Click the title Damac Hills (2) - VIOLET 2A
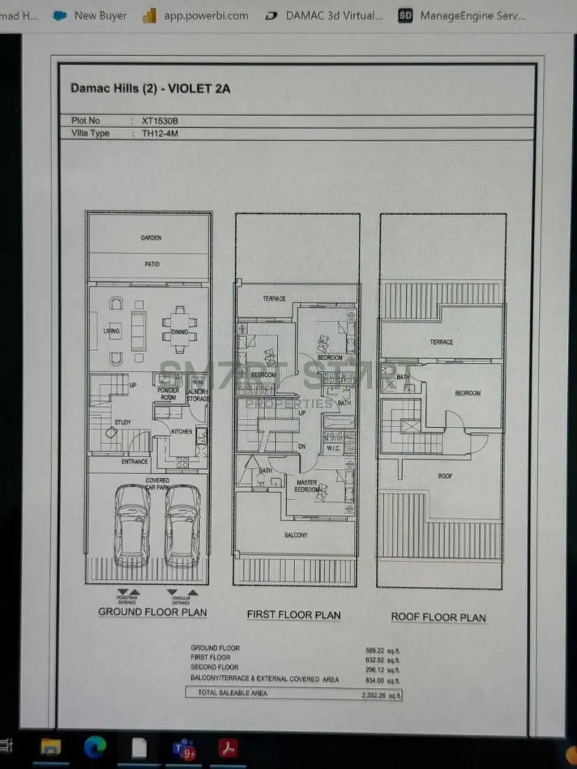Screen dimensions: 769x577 tap(150, 89)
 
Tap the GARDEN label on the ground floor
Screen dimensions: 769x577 tap(151, 238)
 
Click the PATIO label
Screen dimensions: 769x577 tap(152, 264)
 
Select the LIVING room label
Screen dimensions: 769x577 tap(111, 331)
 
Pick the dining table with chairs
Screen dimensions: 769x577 tap(180, 330)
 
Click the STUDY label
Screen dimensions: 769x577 tap(122, 422)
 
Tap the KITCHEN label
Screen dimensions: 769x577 tap(181, 431)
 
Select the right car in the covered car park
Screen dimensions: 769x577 tap(183, 525)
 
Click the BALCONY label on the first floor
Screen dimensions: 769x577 tap(296, 535)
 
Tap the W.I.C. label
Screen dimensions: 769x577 tap(333, 448)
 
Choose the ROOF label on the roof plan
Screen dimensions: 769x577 tap(446, 476)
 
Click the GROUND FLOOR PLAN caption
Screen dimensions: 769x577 tap(152, 612)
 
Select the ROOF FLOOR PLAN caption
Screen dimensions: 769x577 tap(438, 617)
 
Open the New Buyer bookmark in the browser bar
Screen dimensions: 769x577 tap(100, 15)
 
